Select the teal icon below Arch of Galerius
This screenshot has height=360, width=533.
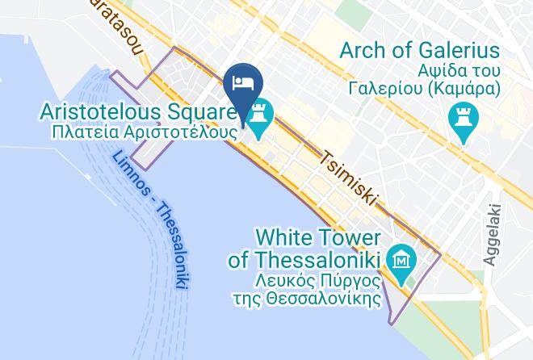pyautogui.click(x=463, y=123)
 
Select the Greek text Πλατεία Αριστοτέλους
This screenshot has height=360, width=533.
pyautogui.click(x=141, y=129)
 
